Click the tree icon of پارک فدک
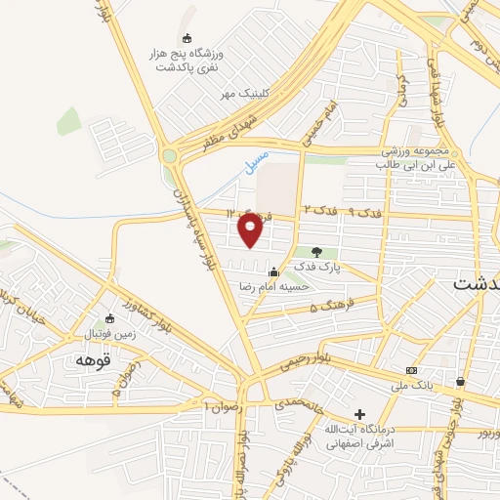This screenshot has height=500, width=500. pos(315,252)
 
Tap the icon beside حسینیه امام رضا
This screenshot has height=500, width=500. pos(274,272)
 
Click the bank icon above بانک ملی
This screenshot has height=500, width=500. pos(411,370)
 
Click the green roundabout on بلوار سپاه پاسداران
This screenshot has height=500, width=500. pos(170,155)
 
